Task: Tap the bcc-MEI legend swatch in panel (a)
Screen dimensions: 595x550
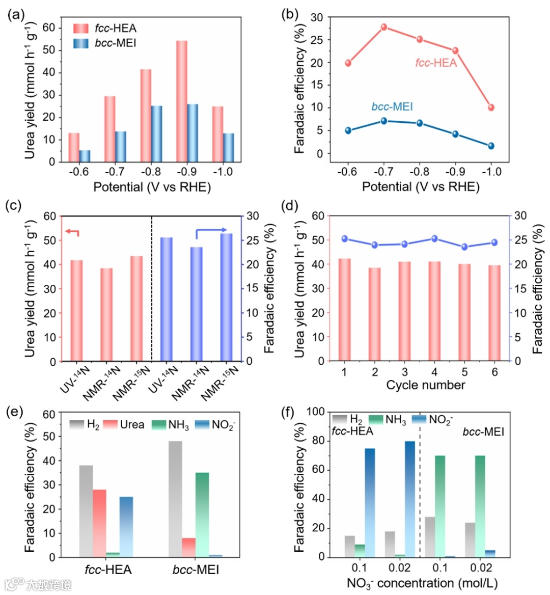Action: point(81,43)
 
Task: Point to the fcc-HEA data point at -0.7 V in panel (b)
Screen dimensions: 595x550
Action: point(384,27)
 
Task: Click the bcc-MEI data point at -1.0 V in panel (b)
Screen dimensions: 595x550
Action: point(491,146)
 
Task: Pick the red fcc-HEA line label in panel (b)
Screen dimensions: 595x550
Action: point(436,63)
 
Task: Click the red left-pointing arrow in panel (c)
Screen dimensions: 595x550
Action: point(72,233)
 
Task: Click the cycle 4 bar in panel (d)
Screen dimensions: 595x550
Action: point(434,311)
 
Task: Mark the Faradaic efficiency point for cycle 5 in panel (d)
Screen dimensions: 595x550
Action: point(464,247)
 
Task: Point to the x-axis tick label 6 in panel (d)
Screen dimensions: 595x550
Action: point(494,372)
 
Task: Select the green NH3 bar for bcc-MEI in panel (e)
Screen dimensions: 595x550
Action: point(202,515)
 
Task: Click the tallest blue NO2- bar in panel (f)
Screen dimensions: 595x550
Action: point(410,499)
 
